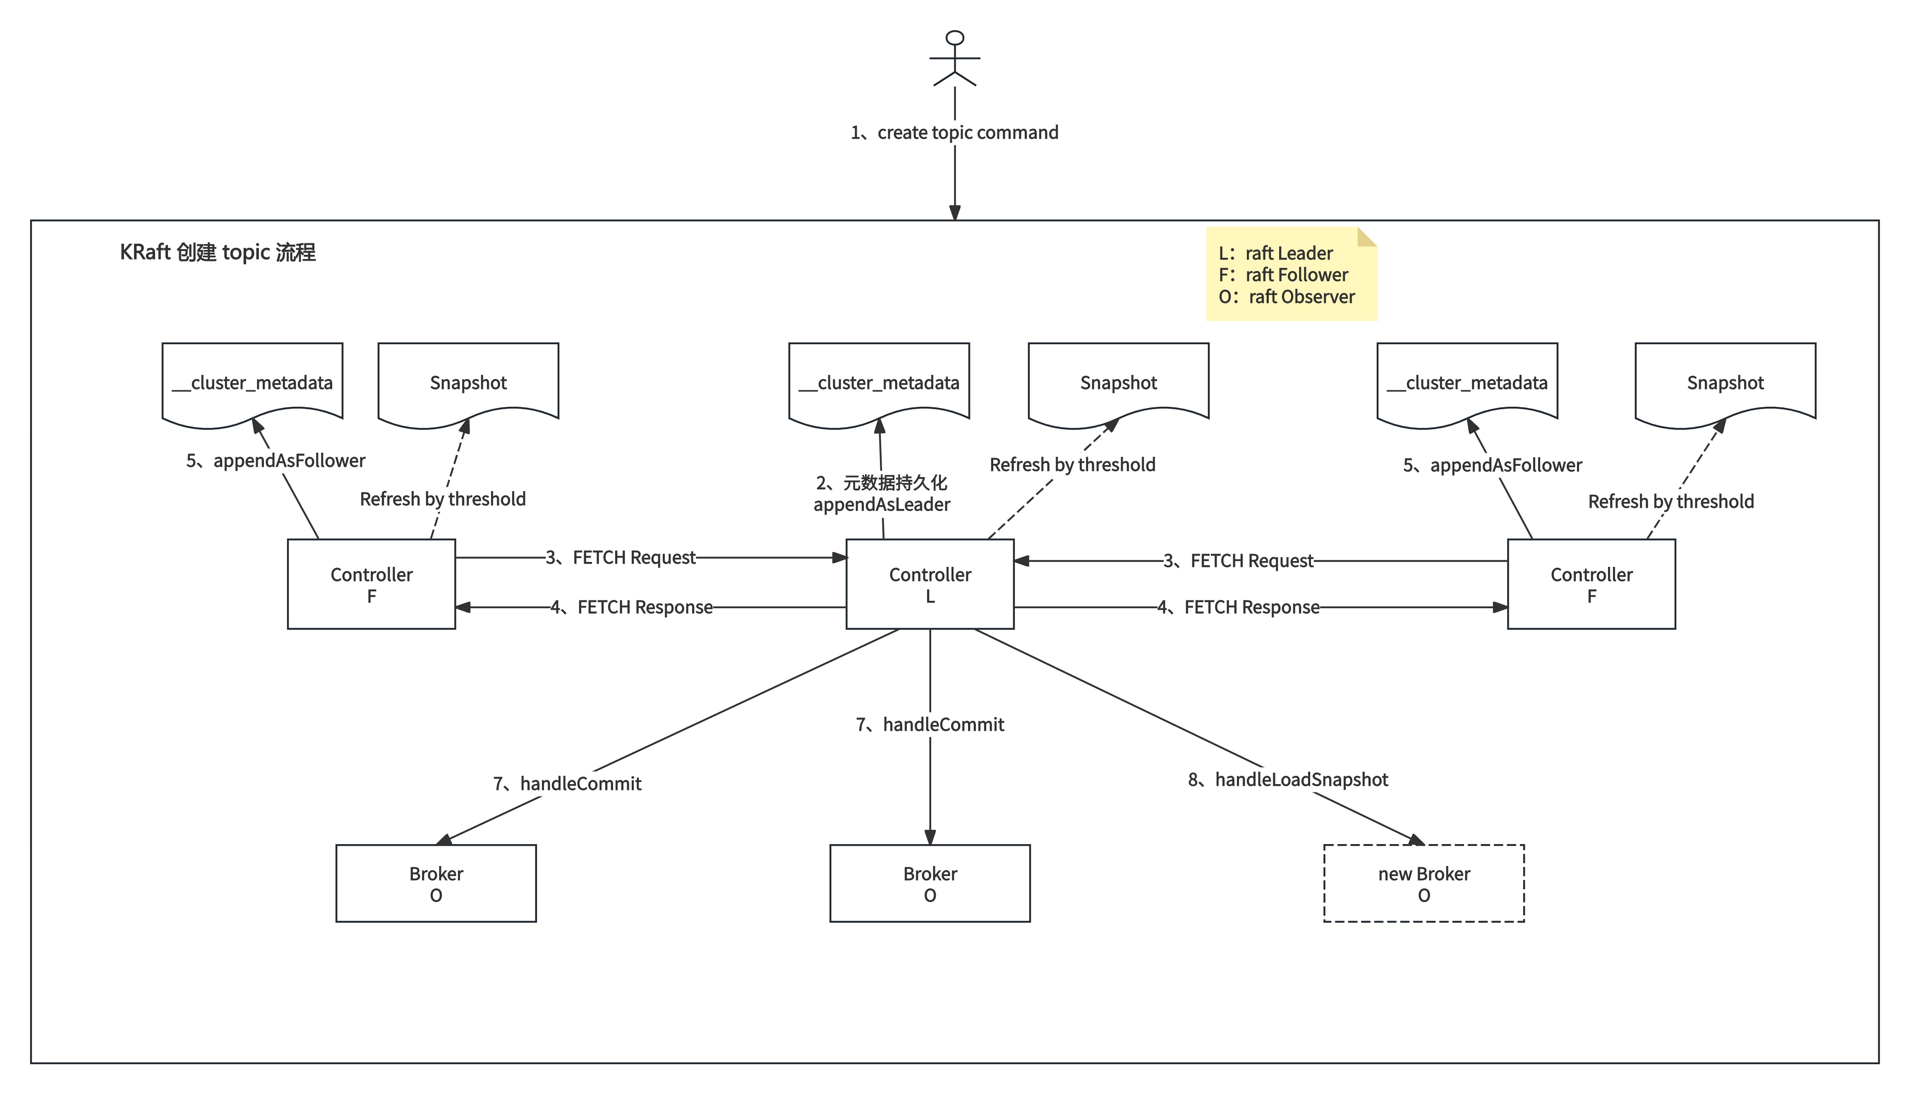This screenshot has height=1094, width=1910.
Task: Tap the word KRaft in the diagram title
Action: (145, 252)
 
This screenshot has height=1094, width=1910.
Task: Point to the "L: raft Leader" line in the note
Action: (1275, 253)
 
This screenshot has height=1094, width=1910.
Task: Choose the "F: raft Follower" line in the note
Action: (1283, 275)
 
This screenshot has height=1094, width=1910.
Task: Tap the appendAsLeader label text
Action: (881, 505)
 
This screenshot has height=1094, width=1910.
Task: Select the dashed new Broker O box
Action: (1424, 884)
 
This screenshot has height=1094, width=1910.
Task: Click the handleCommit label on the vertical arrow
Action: (930, 725)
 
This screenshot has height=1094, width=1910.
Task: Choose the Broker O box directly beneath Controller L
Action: (930, 884)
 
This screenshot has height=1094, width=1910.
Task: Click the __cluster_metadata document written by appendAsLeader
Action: (879, 383)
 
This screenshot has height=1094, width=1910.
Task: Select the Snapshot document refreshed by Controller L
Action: (1118, 383)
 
